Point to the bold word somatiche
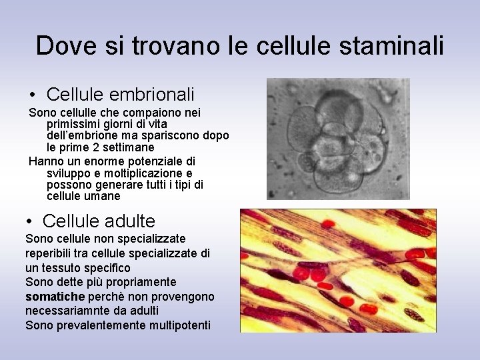point(55,297)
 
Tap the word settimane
point(131,147)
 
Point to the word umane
point(103,196)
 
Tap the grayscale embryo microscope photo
point(338,139)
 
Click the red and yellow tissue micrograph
point(338,271)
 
